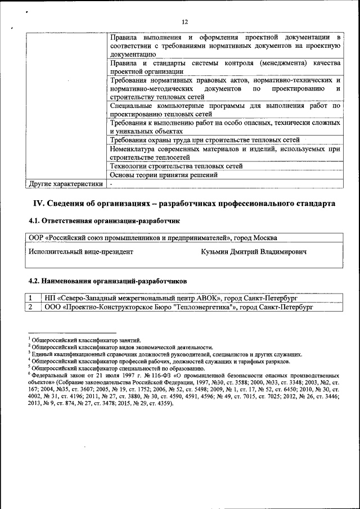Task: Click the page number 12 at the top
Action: click(184, 22)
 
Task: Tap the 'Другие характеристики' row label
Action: click(66, 184)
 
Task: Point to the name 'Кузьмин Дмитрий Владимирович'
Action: click(254, 252)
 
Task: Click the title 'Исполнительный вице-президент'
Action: click(81, 252)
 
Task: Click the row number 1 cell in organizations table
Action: click(31, 298)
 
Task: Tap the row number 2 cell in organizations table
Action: click(31, 307)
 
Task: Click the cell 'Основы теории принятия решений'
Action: click(164, 175)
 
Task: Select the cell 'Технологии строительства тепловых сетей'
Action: click(177, 166)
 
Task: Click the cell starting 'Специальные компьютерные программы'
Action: click(225, 110)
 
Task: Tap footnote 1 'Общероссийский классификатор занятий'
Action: click(86, 340)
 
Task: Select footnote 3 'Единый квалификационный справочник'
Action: click(166, 354)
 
